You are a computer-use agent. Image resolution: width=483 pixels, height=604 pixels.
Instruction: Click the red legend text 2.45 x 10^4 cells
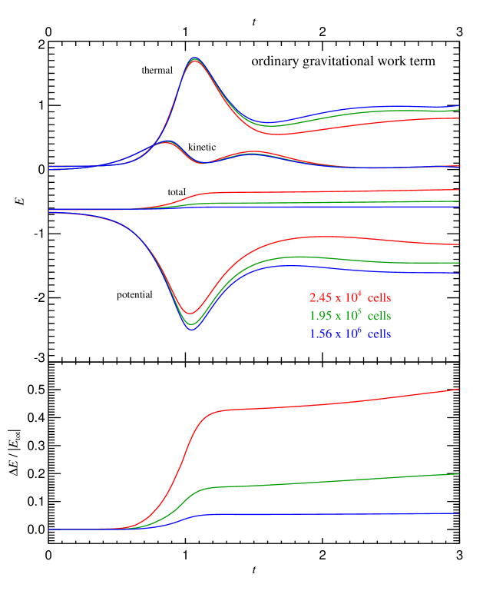pyautogui.click(x=350, y=297)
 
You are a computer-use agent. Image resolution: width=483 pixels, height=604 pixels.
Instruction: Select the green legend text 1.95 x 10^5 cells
pyautogui.click(x=350, y=316)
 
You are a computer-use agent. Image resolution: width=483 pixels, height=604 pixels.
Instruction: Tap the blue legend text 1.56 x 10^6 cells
pyautogui.click(x=350, y=334)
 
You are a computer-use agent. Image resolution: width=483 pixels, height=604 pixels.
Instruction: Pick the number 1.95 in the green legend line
pyautogui.click(x=320, y=316)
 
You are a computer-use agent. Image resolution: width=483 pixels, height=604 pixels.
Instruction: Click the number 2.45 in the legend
pyautogui.click(x=320, y=297)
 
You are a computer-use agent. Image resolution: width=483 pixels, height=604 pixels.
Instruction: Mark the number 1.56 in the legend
pyautogui.click(x=320, y=334)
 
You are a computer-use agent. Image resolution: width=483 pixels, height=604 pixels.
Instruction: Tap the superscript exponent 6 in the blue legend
pyautogui.click(x=359, y=329)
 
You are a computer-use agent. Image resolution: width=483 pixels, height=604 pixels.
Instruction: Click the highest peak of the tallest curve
pyautogui.click(x=194, y=58)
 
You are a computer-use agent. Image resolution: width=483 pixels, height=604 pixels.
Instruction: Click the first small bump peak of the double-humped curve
pyautogui.click(x=166, y=141)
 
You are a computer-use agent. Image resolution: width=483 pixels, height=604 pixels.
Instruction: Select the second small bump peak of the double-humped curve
pyautogui.click(x=251, y=152)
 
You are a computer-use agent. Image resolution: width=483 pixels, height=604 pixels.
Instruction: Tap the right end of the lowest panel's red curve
pyautogui.click(x=458, y=389)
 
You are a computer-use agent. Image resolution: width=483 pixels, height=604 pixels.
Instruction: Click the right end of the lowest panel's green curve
pyautogui.click(x=458, y=474)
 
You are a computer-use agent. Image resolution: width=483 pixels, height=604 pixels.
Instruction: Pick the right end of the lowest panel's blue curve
pyautogui.click(x=458, y=513)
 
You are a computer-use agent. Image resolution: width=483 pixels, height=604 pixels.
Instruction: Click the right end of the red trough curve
pyautogui.click(x=458, y=245)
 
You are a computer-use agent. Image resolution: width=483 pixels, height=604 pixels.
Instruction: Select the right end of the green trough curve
pyautogui.click(x=458, y=263)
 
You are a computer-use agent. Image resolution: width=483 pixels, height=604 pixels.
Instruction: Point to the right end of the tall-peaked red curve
pyautogui.click(x=458, y=118)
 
